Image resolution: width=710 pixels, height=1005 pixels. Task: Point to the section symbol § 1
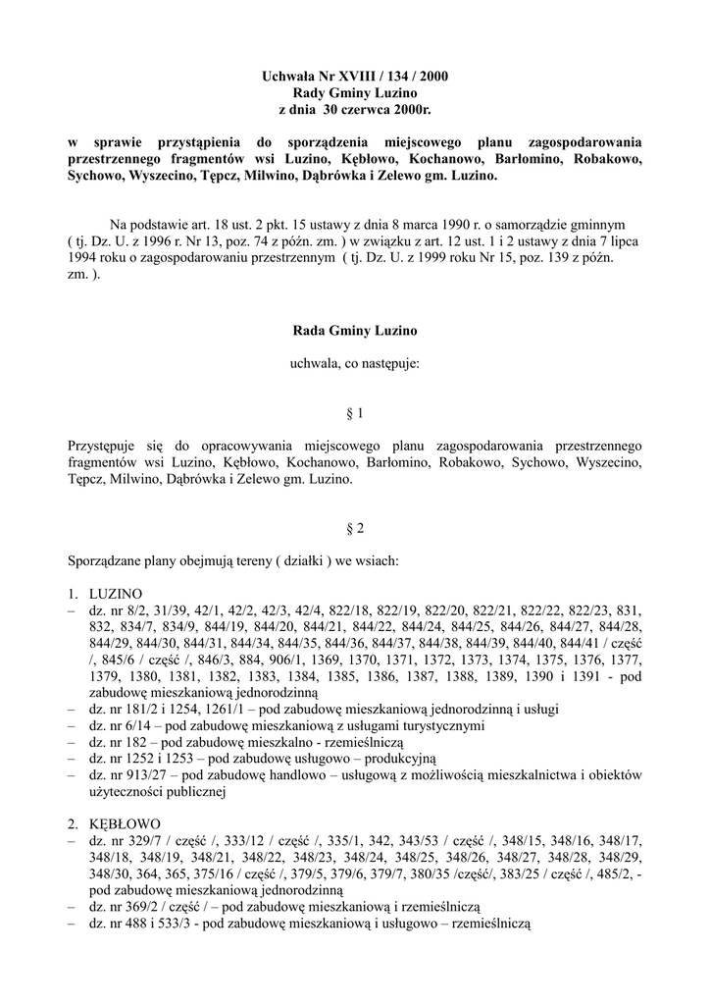(x=355, y=414)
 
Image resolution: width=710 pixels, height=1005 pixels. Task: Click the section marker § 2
(x=355, y=528)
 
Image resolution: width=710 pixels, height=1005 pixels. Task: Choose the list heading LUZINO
(x=116, y=595)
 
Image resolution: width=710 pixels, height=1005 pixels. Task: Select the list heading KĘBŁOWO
(x=123, y=822)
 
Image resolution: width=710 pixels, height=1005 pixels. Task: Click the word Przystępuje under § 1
(x=112, y=446)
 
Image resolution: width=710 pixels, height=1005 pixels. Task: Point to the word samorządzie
(x=539, y=224)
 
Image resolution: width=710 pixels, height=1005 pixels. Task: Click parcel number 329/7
(x=139, y=840)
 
